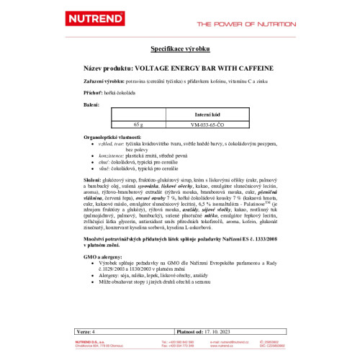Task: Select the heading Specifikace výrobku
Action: point(180,48)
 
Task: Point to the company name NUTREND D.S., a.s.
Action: point(94,341)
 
